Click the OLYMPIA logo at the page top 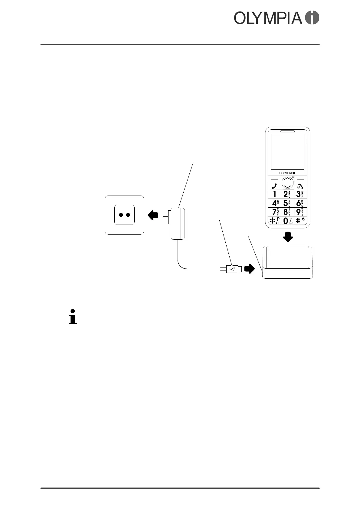point(276,18)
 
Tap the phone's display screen point(287,151)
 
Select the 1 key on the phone point(275,194)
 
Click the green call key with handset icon point(274,186)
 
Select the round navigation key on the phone point(287,182)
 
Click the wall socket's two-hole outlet point(124,215)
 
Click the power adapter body point(178,224)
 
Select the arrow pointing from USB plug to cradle point(249,268)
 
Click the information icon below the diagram point(73,316)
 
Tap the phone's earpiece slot point(287,131)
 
